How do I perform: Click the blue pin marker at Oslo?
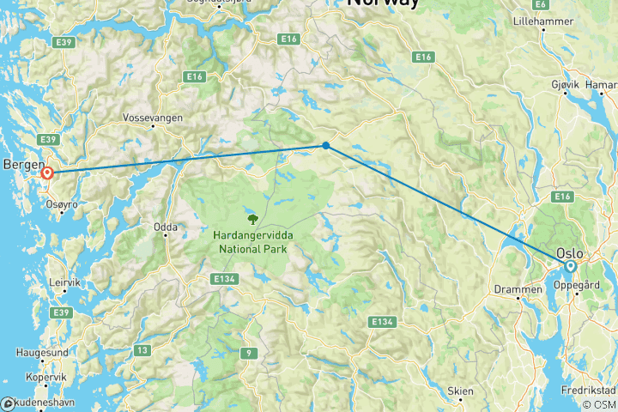pos(570,267)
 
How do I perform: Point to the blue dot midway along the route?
pos(326,146)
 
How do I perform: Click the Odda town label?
pos(165,227)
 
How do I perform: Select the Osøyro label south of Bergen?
pos(63,205)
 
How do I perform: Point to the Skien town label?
pos(460,391)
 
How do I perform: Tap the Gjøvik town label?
pos(569,86)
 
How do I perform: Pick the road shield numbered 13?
pos(141,349)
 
